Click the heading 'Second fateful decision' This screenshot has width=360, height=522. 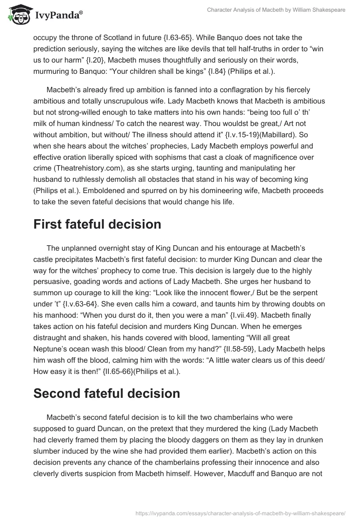(107, 393)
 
